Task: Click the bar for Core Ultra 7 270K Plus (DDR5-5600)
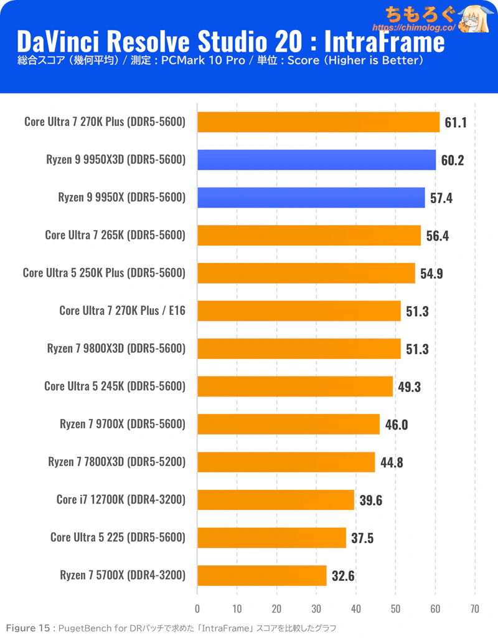pyautogui.click(x=319, y=122)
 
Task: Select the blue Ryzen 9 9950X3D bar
pyautogui.click(x=316, y=160)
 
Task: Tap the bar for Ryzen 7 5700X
pyautogui.click(x=262, y=575)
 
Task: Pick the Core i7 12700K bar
pyautogui.click(x=276, y=500)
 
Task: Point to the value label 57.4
pyautogui.click(x=441, y=198)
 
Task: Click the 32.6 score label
pyautogui.click(x=343, y=576)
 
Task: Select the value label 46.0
pyautogui.click(x=396, y=424)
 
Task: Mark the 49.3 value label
pyautogui.click(x=409, y=387)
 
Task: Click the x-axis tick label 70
pyautogui.click(x=475, y=609)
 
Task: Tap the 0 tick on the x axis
pyautogui.click(x=197, y=609)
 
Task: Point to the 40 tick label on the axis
pyautogui.click(x=355, y=609)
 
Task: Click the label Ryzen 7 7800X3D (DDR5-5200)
pyautogui.click(x=117, y=462)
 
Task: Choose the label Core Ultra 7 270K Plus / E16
pyautogui.click(x=122, y=311)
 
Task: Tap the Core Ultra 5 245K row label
pyautogui.click(x=84, y=386)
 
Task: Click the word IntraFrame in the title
pyautogui.click(x=384, y=41)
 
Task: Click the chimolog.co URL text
pyautogui.click(x=414, y=28)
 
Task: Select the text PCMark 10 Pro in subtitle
pyautogui.click(x=203, y=60)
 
